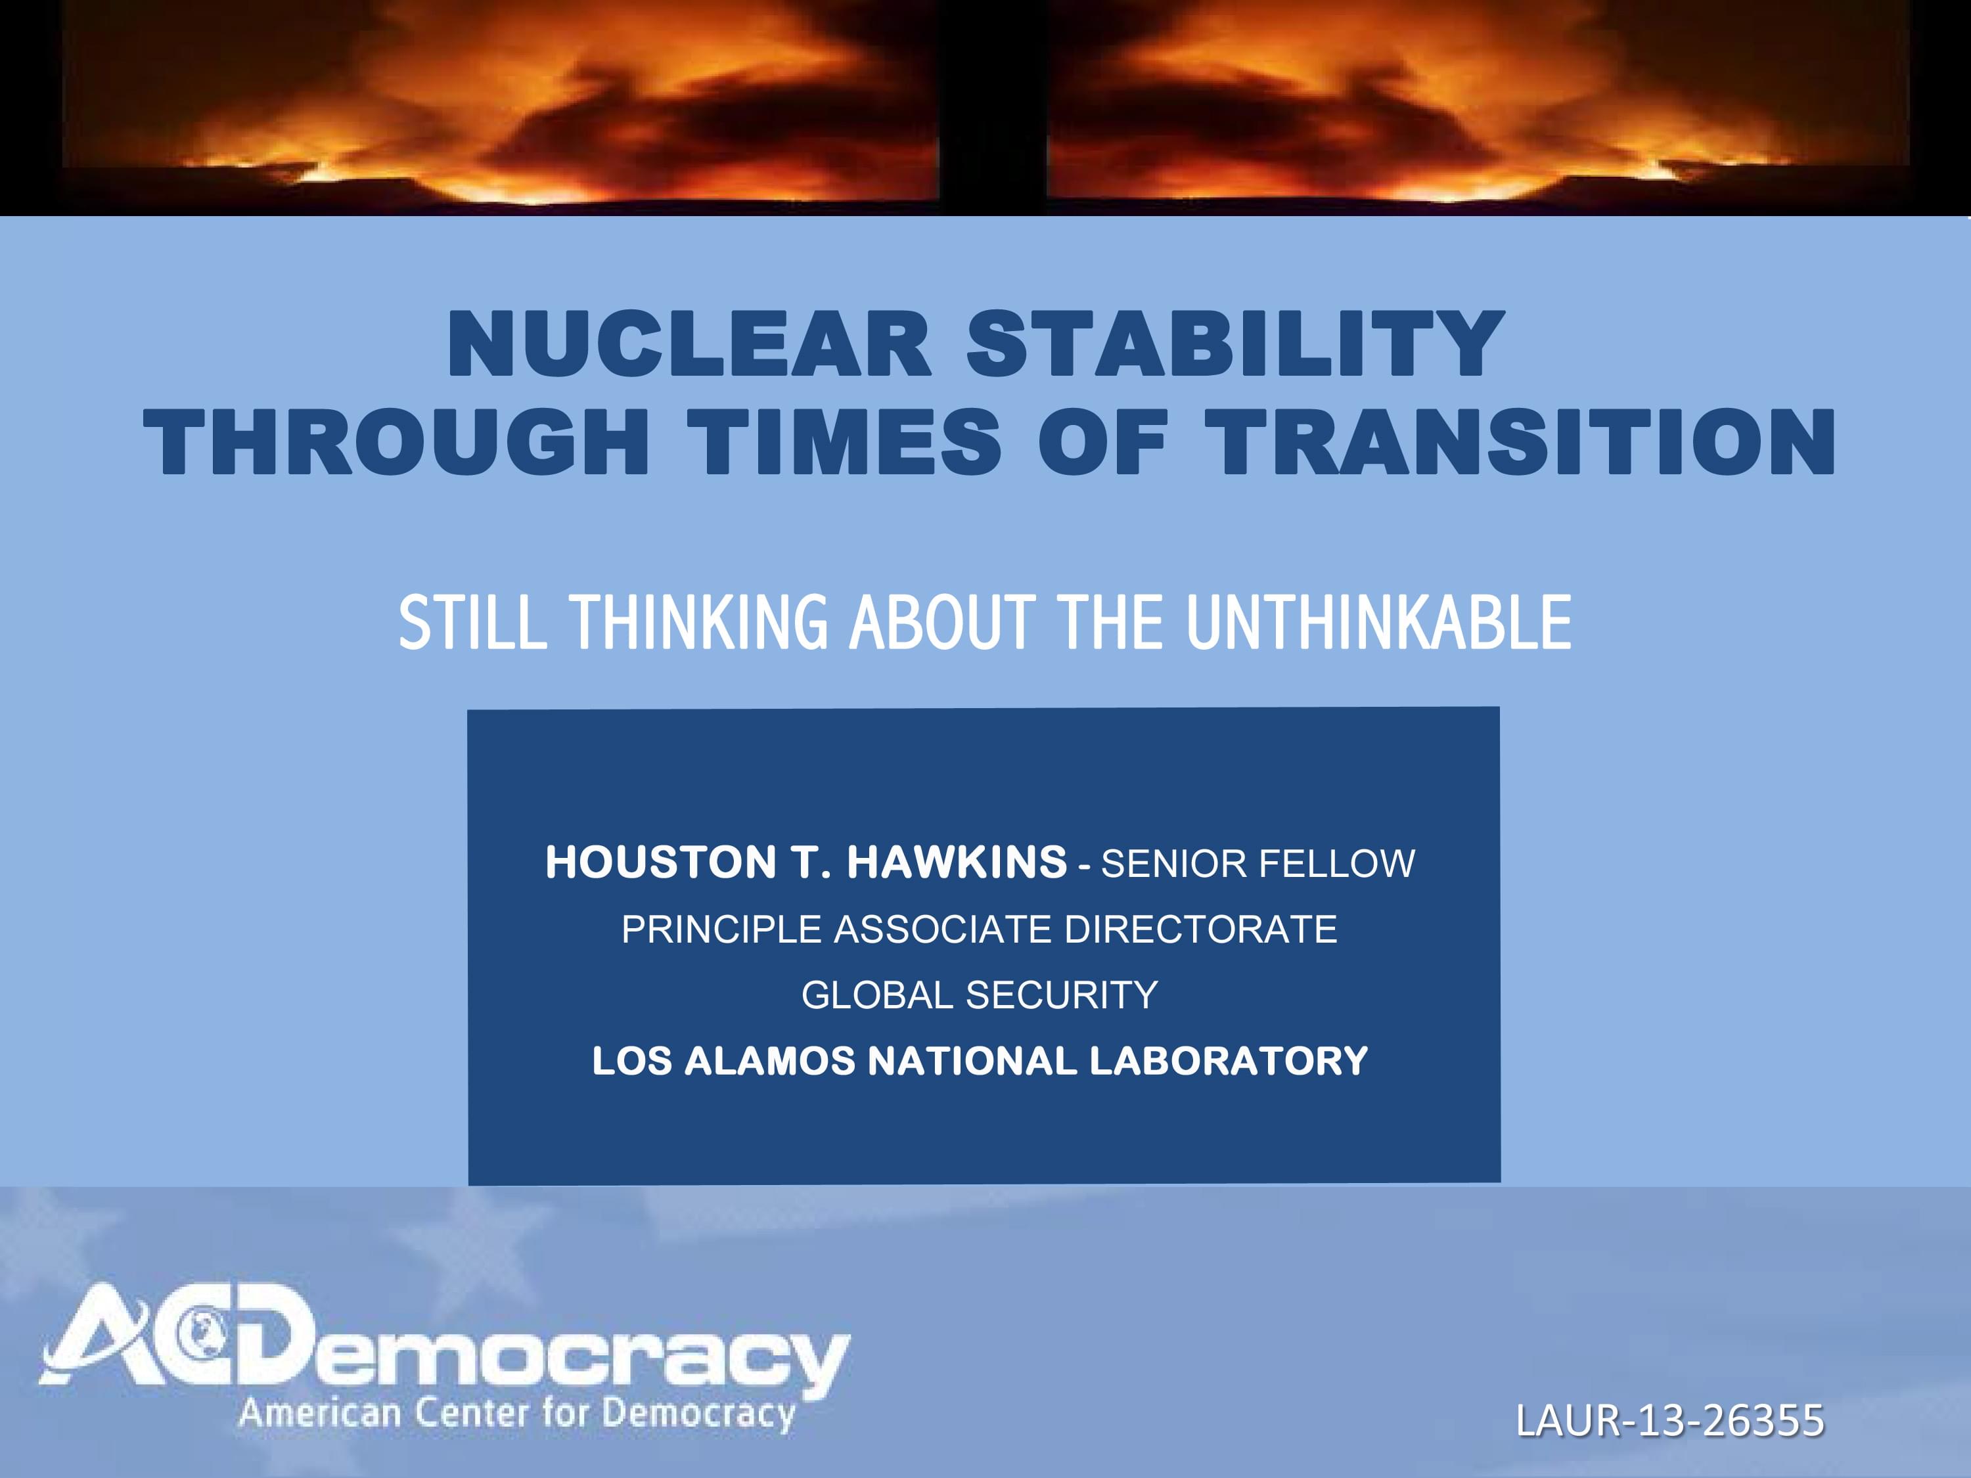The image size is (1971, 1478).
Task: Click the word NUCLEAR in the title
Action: coord(690,345)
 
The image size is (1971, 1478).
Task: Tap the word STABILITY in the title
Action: coord(1236,345)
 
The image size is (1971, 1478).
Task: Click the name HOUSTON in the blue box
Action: coord(660,862)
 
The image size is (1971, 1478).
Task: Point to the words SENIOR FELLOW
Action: coord(1258,863)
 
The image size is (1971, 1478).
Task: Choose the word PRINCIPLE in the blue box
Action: coord(721,929)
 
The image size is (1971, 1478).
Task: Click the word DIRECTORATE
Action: coord(1200,929)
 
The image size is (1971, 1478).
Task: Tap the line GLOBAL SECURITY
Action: coord(980,995)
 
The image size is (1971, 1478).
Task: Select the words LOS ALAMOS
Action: coord(723,1061)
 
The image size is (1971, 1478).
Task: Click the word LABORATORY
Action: coord(1228,1061)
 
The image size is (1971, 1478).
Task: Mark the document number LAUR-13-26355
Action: coord(1670,1420)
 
